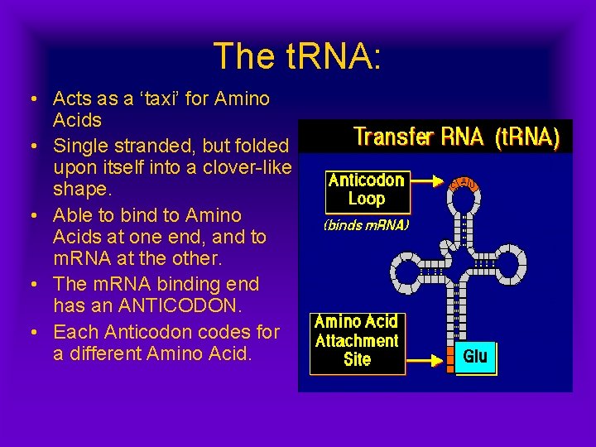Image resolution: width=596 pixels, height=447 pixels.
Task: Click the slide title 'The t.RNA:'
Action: pyautogui.click(x=298, y=56)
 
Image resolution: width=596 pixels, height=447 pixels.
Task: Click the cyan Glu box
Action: pyautogui.click(x=475, y=357)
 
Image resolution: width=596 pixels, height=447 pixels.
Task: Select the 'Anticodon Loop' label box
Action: pyautogui.click(x=366, y=190)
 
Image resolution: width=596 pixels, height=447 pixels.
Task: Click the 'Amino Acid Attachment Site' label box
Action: pyautogui.click(x=357, y=340)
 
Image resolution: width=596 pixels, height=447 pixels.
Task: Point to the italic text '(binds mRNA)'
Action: pyautogui.click(x=366, y=224)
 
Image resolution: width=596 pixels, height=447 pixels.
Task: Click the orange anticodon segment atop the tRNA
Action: pyautogui.click(x=464, y=182)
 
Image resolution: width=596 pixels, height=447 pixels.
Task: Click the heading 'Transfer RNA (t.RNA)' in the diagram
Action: pyautogui.click(x=456, y=137)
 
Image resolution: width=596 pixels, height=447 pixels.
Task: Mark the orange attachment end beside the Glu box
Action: pyautogui.click(x=446, y=358)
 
